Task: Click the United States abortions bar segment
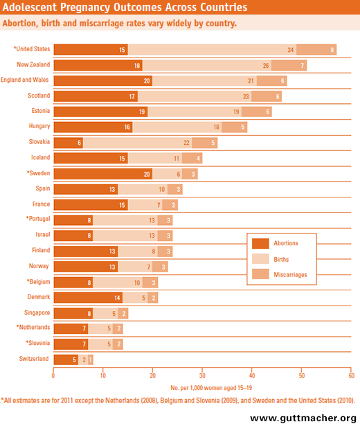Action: [90, 50]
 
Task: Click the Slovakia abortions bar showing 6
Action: [68, 143]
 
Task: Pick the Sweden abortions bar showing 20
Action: [102, 173]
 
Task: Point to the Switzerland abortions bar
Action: [66, 359]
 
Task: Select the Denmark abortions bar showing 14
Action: [88, 297]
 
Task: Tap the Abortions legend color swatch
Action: [260, 243]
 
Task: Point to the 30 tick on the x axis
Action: [202, 375]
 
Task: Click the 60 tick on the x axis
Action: [351, 375]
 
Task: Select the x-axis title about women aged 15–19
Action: [202, 388]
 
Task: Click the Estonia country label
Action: [37, 112]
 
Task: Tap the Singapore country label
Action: [35, 312]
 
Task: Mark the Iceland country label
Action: [37, 158]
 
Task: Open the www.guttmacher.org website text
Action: [303, 418]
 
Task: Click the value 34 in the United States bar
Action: [291, 50]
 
